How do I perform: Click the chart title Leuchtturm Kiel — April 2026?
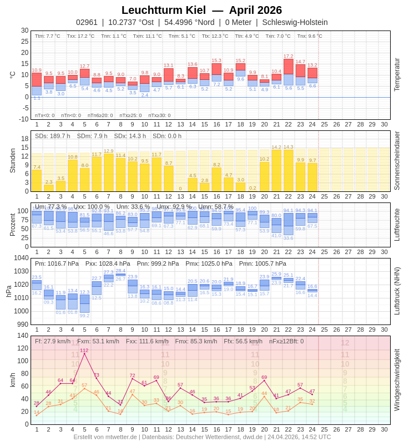(201, 10)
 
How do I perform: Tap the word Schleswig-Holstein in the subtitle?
(295, 22)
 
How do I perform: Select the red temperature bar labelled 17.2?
(289, 67)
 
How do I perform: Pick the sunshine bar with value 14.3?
(289, 170)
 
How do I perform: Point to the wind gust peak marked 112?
(84, 353)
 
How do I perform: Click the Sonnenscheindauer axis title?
(397, 161)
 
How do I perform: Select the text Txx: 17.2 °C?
(80, 36)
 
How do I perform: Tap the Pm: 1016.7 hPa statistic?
(57, 263)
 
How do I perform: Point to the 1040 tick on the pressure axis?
(21, 258)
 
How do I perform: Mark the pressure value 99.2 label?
(84, 316)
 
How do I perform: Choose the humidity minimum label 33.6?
(289, 238)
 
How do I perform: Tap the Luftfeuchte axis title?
(397, 225)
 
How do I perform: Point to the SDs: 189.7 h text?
(52, 136)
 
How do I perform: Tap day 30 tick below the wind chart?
(384, 429)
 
